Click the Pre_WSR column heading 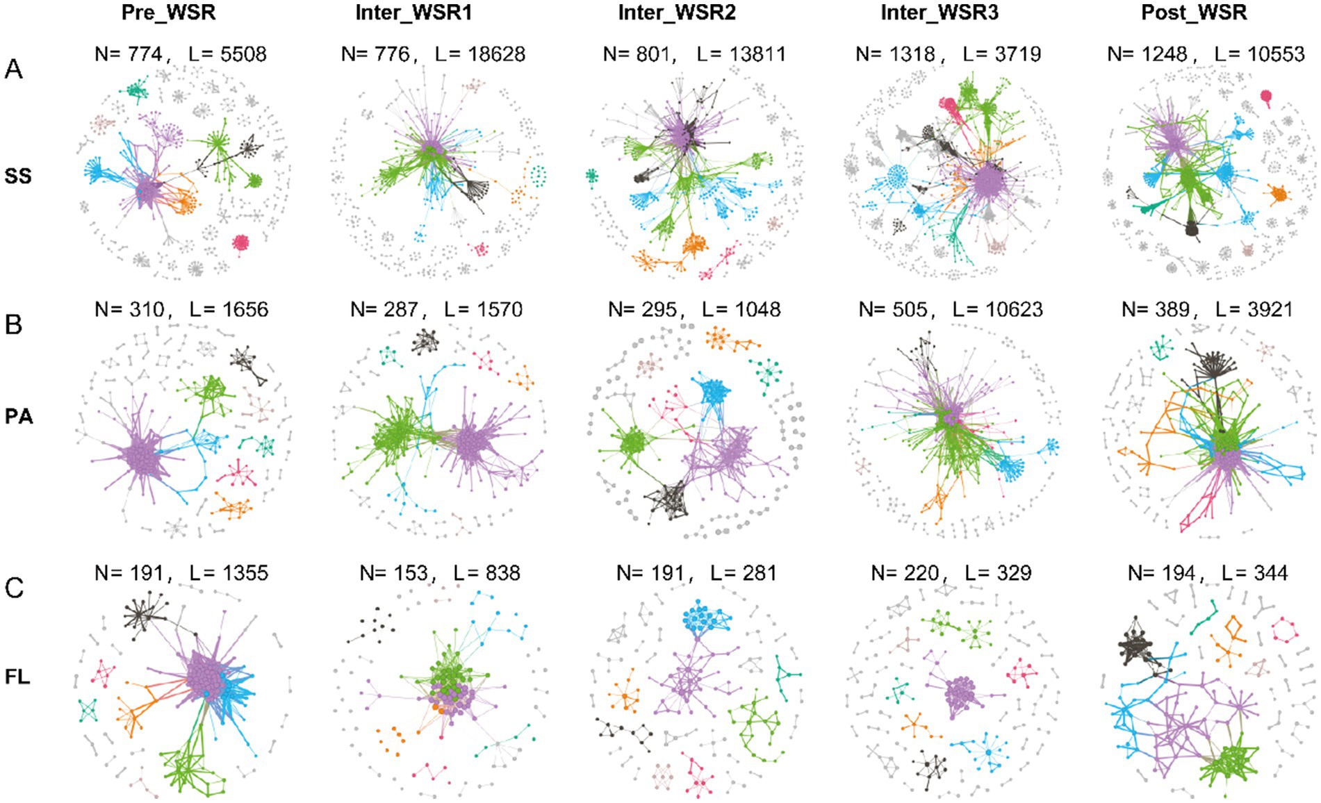coord(168,13)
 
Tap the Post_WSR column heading coord(1194,13)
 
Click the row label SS coord(18,176)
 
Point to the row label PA coord(19,417)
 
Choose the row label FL coord(18,676)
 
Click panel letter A coord(13,69)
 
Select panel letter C coord(14,588)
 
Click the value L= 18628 coord(479,54)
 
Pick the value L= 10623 coord(997,309)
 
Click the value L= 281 coord(744,573)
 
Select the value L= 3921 coord(1254,309)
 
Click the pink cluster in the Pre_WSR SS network coord(241,242)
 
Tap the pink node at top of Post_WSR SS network coord(1266,96)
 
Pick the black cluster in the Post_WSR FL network coord(1135,646)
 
